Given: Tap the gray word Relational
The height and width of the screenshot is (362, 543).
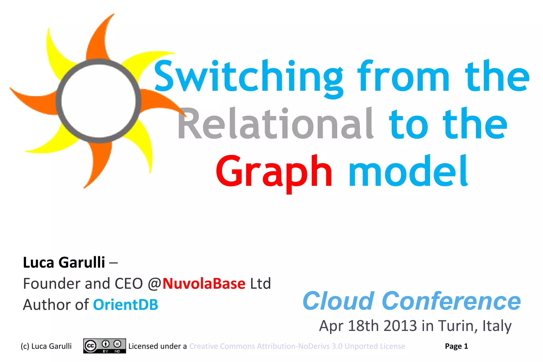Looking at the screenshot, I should (276, 124).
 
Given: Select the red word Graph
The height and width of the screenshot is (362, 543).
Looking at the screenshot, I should (274, 171).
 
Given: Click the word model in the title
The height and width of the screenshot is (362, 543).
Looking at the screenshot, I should (408, 171).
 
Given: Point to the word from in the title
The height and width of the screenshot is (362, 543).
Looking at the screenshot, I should (403, 77).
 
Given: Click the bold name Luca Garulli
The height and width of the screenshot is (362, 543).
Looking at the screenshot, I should (64, 263).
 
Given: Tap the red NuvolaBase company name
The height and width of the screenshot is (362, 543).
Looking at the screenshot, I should (204, 284).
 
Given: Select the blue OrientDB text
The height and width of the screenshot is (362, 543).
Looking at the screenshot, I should (125, 305).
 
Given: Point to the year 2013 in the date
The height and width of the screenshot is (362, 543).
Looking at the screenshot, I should (400, 326).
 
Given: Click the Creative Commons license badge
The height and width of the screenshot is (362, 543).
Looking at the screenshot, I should (104, 346).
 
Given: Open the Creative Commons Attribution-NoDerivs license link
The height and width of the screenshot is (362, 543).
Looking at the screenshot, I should (297, 346).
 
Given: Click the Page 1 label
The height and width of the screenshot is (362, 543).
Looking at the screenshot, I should (456, 346).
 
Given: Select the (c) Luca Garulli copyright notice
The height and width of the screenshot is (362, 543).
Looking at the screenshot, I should (46, 346).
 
